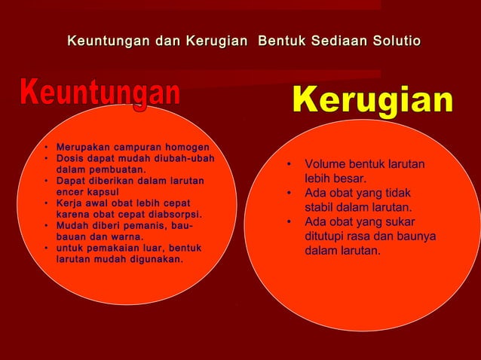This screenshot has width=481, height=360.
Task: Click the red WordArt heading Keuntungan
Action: pyautogui.click(x=100, y=93)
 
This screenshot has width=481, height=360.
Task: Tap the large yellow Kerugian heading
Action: pyautogui.click(x=372, y=102)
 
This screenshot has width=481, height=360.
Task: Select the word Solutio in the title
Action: pyautogui.click(x=394, y=39)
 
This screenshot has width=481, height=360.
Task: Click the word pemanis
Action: pyautogui.click(x=141, y=225)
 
